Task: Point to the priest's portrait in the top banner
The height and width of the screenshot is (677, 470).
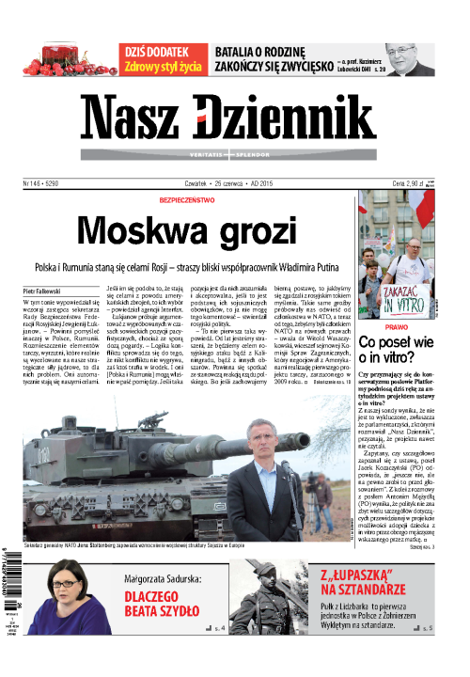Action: click(x=412, y=59)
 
